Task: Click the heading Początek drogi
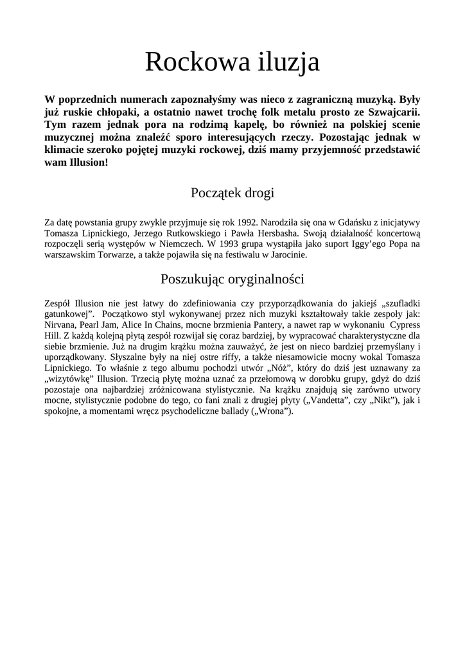[x=232, y=193]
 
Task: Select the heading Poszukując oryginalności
[x=232, y=280]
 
